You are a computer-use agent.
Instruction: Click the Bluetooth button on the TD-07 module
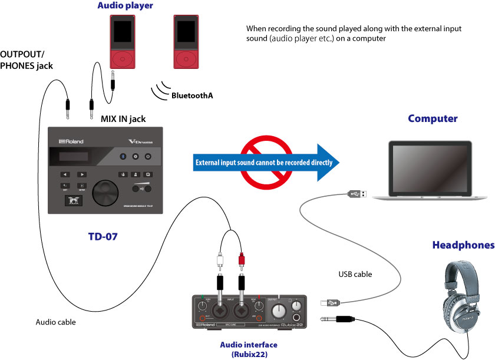123,156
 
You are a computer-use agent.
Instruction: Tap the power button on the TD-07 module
148,156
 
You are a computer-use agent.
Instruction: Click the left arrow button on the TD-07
65,174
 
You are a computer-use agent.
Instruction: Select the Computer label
433,118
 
